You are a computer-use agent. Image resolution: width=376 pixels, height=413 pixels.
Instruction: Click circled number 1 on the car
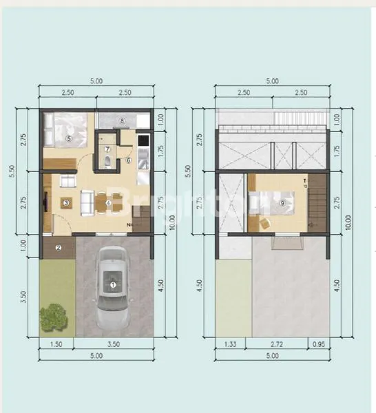(x=113, y=284)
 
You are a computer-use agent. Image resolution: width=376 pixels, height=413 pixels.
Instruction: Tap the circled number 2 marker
(x=59, y=248)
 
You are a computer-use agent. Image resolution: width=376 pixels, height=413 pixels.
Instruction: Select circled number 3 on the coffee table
(x=65, y=202)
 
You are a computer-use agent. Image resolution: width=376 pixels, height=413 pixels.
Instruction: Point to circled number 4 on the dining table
(x=108, y=202)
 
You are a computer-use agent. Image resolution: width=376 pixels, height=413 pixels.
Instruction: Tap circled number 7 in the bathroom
(x=108, y=149)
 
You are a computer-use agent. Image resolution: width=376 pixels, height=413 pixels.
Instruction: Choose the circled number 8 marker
(x=122, y=122)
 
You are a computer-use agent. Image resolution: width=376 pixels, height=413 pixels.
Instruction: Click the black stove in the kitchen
(x=143, y=142)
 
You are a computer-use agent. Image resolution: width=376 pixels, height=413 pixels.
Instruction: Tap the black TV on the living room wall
(x=45, y=204)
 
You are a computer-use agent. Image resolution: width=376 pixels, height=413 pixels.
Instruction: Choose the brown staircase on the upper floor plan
(x=317, y=204)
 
